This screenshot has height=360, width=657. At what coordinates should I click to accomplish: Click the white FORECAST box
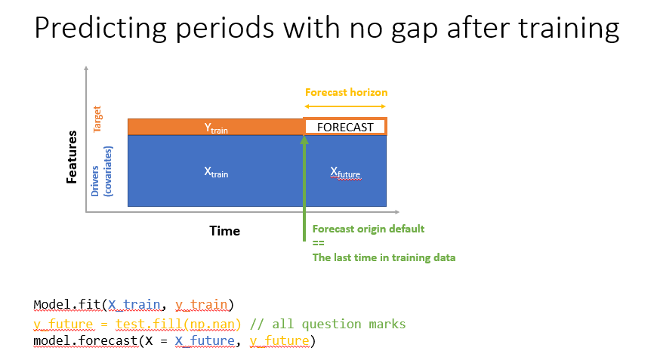(345, 127)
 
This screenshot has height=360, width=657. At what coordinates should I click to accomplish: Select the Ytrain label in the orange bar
(216, 128)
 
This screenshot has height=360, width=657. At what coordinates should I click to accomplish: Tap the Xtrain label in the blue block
(216, 171)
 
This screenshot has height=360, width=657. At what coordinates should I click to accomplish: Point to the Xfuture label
(345, 172)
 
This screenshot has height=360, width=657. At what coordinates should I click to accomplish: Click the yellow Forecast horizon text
(346, 92)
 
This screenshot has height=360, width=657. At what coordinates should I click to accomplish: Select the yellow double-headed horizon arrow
(346, 106)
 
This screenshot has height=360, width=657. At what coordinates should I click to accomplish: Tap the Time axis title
(224, 231)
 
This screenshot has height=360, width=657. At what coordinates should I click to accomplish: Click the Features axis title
(72, 157)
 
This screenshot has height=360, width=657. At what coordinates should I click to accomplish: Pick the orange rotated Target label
(97, 119)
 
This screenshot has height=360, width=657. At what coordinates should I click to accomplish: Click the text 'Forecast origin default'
(369, 229)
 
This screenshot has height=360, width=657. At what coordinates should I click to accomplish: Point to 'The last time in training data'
(384, 257)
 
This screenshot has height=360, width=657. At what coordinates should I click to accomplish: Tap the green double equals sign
(318, 243)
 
